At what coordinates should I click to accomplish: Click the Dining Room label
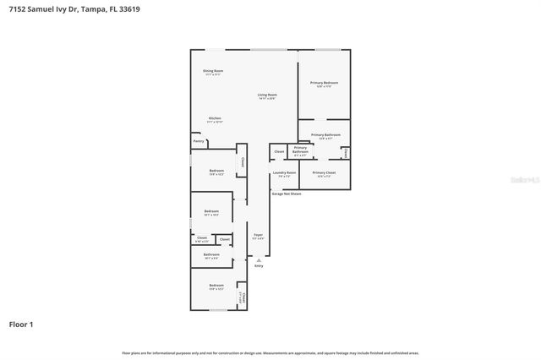[213, 71]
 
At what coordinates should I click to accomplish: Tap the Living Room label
[267, 95]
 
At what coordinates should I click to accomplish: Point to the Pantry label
[199, 141]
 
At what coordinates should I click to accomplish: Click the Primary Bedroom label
[324, 83]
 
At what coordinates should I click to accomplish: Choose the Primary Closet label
[324, 172]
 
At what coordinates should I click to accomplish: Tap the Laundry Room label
[284, 172]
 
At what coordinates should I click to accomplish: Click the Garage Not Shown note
[287, 194]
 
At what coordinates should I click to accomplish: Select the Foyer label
[259, 235]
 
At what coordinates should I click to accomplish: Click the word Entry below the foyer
[259, 265]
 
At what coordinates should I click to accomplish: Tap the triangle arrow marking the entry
[259, 259]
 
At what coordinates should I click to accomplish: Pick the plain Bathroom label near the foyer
[211, 254]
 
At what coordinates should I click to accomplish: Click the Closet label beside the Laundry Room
[279, 152]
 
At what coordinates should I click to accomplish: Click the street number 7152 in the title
[16, 9]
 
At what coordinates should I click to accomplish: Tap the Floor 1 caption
[21, 324]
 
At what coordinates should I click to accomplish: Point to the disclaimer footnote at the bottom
[270, 352]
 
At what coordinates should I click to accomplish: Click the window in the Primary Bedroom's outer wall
[327, 49]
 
